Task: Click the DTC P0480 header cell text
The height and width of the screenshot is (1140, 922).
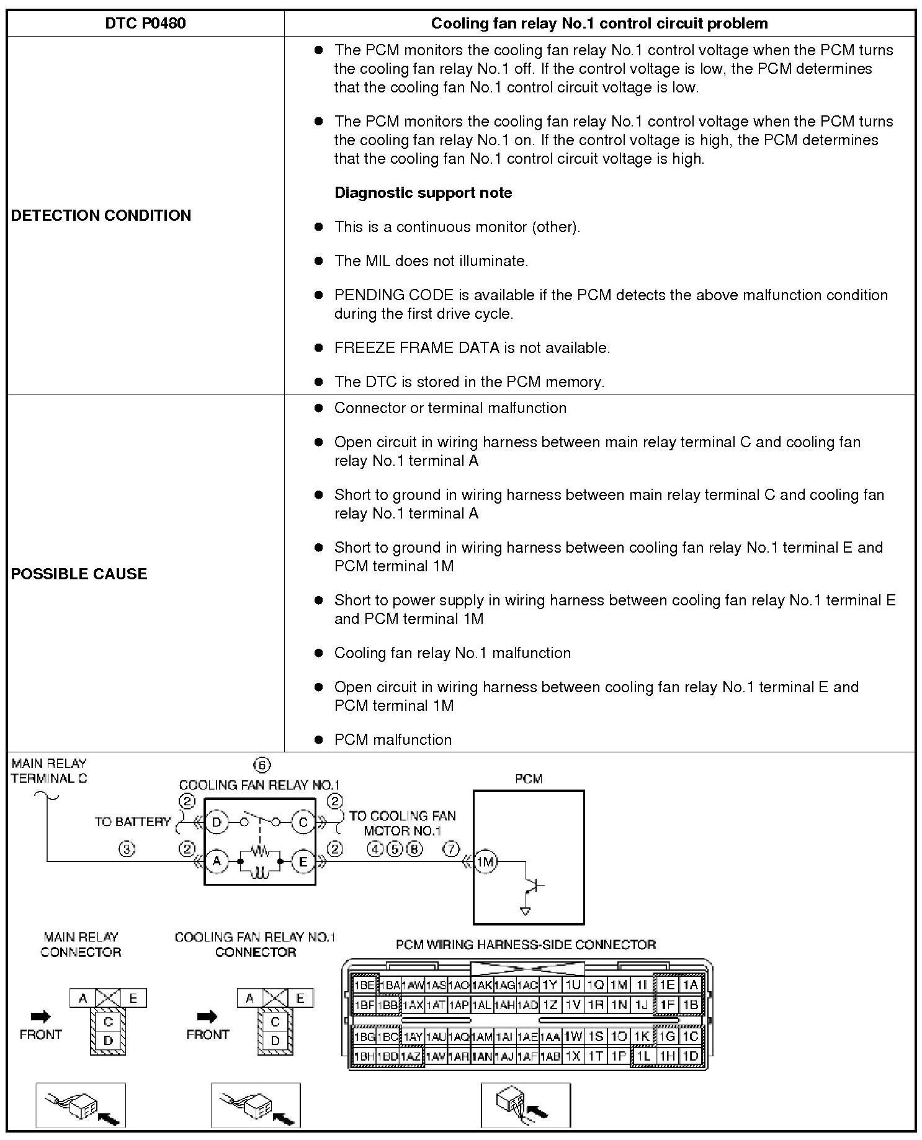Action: (145, 24)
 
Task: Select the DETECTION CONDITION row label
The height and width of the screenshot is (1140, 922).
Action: (101, 215)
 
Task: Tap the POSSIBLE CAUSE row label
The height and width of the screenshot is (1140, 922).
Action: (79, 574)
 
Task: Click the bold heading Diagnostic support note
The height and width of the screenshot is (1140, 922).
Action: (423, 193)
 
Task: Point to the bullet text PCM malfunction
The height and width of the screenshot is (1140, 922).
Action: (393, 739)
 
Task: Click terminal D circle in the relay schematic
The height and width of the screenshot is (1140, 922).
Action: (217, 822)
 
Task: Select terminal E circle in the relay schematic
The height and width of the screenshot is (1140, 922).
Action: (303, 861)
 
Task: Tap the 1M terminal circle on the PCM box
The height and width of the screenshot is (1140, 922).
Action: (485, 861)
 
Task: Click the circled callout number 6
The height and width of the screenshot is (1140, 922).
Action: (262, 765)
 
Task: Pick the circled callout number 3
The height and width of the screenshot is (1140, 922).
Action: (127, 849)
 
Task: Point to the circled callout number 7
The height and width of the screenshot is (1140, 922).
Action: (451, 848)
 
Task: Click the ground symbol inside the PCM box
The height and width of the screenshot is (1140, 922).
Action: (526, 911)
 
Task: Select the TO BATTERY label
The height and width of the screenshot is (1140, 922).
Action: (133, 822)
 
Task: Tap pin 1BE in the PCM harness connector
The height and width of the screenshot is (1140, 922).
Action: (364, 985)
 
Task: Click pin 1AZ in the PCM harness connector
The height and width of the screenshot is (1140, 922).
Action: (411, 1056)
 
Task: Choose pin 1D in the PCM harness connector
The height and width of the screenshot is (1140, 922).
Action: (690, 1056)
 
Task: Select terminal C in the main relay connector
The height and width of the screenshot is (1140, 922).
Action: (108, 1022)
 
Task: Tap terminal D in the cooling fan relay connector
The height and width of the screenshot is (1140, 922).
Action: (275, 1040)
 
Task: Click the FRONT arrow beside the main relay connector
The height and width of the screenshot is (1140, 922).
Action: (40, 1016)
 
